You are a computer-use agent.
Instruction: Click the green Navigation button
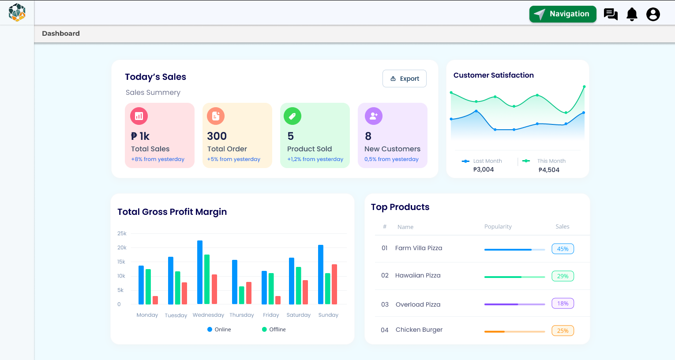tap(562, 14)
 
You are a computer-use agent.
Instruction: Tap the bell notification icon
tap(632, 14)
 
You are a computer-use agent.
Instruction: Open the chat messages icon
tap(611, 14)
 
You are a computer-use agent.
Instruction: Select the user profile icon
tap(653, 14)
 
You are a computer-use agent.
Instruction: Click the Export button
tap(405, 79)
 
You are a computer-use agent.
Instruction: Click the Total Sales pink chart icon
tap(139, 116)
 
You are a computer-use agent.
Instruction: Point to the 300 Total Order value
tap(217, 136)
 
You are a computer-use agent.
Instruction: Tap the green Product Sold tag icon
tap(292, 116)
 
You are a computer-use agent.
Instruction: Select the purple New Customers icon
tap(374, 116)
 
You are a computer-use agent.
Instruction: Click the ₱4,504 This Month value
tap(549, 170)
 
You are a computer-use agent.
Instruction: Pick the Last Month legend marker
tap(465, 161)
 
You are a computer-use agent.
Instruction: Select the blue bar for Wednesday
tap(200, 272)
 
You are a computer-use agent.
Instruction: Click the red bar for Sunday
tap(334, 285)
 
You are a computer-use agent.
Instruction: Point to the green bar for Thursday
tap(242, 295)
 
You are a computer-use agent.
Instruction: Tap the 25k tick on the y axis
tap(122, 233)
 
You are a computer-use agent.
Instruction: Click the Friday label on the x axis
tap(271, 315)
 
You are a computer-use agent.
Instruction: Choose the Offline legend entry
tap(274, 330)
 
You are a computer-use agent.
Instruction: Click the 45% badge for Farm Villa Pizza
tap(562, 249)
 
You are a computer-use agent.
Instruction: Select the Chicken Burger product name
tap(419, 330)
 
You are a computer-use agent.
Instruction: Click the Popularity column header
tap(498, 226)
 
